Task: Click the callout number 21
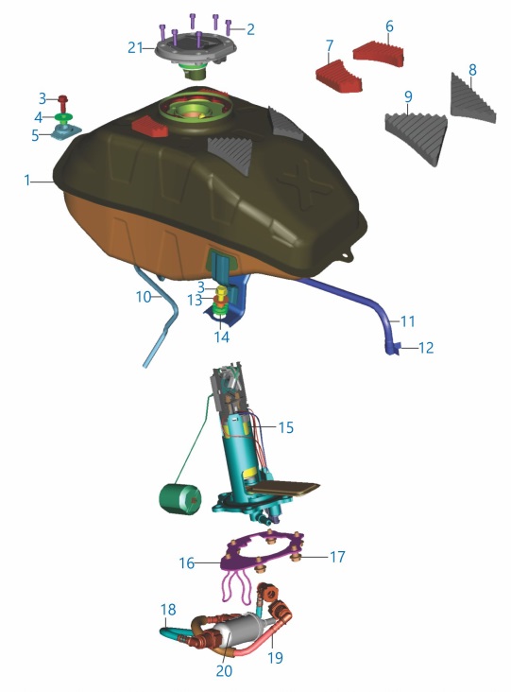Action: (135, 47)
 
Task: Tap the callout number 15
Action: (285, 427)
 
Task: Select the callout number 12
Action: (425, 348)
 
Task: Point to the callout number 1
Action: (27, 180)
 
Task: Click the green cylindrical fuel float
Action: (179, 499)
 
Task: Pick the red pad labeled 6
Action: (379, 54)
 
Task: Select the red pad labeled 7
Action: (339, 77)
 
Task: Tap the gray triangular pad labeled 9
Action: (416, 136)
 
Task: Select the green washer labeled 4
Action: (65, 118)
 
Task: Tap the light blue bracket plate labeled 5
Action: (66, 131)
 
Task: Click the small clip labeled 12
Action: (395, 348)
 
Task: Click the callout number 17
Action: (337, 557)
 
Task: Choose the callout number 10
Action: (144, 297)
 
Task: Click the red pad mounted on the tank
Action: (150, 127)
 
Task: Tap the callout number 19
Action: (276, 658)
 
